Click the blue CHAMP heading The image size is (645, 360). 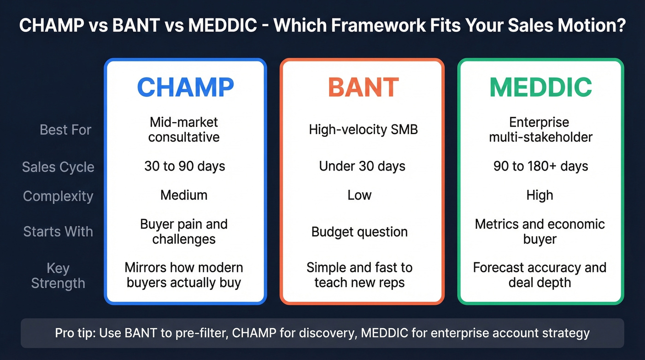(185, 87)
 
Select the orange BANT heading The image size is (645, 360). (363, 87)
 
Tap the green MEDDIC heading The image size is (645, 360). (540, 87)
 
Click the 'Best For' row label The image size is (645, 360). (65, 130)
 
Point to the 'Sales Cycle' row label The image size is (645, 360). (58, 167)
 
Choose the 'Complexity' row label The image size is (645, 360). (58, 196)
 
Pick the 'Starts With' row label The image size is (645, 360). (58, 231)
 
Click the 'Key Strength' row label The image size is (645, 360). (58, 276)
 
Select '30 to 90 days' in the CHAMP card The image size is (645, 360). (185, 166)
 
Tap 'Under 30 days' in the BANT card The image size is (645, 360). (362, 166)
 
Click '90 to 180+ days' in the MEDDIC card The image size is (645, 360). (540, 166)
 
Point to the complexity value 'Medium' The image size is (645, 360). (184, 195)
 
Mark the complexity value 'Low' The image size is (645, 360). (359, 195)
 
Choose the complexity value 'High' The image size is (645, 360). (539, 195)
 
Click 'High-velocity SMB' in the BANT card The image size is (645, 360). (363, 130)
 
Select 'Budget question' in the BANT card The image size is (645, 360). (359, 231)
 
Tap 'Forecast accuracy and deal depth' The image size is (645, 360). (539, 275)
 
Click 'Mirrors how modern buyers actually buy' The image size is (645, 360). (184, 275)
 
